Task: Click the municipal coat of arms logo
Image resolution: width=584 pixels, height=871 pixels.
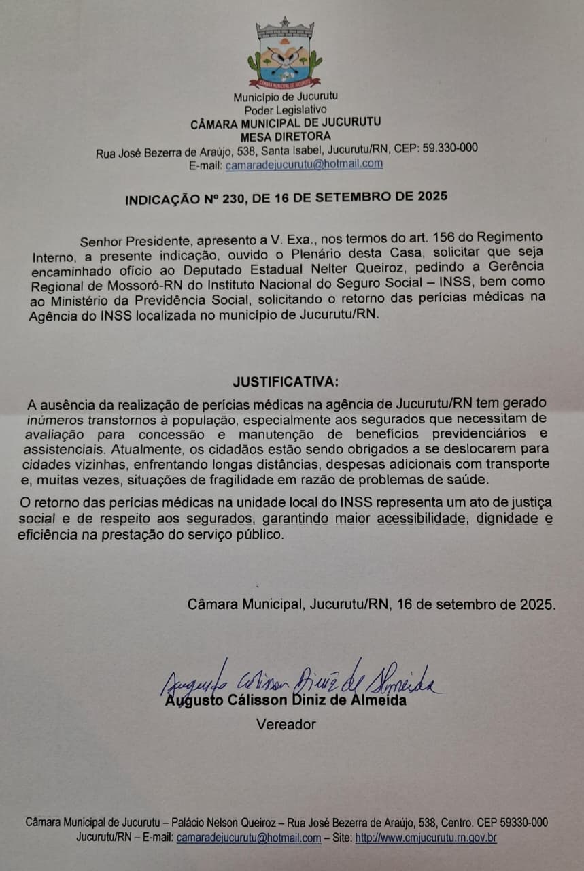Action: pyautogui.click(x=285, y=54)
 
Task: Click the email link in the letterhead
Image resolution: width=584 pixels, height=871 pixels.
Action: pyautogui.click(x=304, y=164)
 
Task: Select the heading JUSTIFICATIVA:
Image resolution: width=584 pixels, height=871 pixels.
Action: pyautogui.click(x=285, y=380)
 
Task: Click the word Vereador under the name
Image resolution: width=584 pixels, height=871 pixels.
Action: pyautogui.click(x=286, y=724)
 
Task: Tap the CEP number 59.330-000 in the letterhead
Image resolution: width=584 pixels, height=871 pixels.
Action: pyautogui.click(x=441, y=149)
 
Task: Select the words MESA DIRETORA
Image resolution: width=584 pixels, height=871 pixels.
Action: pyautogui.click(x=286, y=135)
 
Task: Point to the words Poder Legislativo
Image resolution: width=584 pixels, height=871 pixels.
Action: pyautogui.click(x=286, y=109)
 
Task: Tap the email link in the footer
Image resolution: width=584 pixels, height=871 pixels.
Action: pyautogui.click(x=248, y=838)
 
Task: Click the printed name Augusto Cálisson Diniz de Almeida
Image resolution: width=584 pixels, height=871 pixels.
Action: pyautogui.click(x=286, y=700)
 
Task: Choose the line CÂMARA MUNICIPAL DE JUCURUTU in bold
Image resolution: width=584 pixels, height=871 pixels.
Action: pyautogui.click(x=286, y=122)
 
